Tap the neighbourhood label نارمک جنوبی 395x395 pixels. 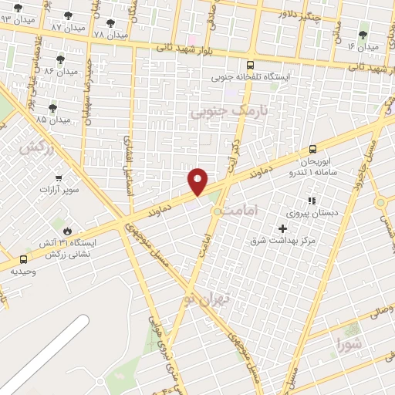[229, 113]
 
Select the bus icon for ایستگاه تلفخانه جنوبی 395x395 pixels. [249, 66]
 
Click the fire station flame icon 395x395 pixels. [68, 230]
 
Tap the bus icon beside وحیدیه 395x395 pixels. [23, 260]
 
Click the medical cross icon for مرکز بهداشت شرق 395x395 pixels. [282, 228]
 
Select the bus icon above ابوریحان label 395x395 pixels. [312, 149]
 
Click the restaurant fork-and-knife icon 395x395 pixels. [312, 201]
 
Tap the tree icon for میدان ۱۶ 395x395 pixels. [363, 33]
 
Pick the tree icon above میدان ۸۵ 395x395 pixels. [52, 108]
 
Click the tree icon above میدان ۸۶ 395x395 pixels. [60, 59]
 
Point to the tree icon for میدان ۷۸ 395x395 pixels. [110, 23]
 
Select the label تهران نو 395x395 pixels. [202, 297]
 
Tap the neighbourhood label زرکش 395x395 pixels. [38, 147]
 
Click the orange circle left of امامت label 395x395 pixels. [218, 211]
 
